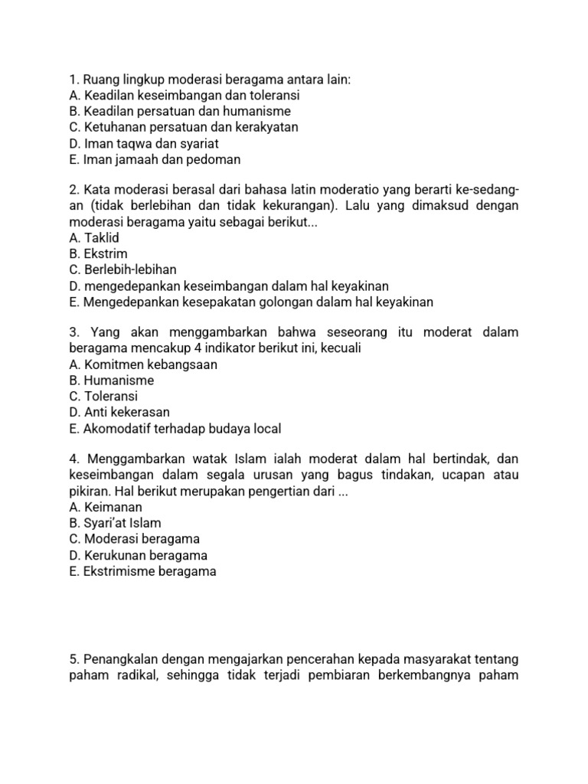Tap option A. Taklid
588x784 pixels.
(94, 238)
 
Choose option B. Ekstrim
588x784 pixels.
(98, 253)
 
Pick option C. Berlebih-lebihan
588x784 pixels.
(122, 269)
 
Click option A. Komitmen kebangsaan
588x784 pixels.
(142, 364)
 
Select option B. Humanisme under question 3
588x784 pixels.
(111, 381)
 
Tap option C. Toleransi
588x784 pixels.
(105, 397)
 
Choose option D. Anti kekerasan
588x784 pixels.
(119, 412)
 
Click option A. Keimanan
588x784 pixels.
(105, 507)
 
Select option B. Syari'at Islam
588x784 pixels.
(115, 523)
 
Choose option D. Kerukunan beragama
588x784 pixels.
(138, 555)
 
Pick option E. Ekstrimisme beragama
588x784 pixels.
(142, 571)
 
